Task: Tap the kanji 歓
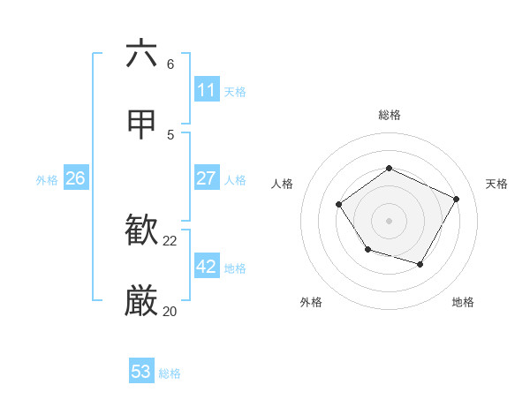142,231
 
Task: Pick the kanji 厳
142,301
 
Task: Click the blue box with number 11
206,90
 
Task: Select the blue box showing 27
206,178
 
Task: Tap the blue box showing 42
206,267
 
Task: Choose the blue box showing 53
140,372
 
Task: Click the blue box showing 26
75,178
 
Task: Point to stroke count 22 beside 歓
170,240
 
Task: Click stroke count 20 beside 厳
170,311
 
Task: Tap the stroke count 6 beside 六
170,64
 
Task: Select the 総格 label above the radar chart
389,115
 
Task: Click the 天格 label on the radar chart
496,184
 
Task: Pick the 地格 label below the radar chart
463,302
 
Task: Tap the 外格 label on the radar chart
311,302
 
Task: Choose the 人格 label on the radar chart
282,184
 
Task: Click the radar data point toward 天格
457,199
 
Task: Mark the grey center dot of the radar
389,220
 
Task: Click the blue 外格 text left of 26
47,179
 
